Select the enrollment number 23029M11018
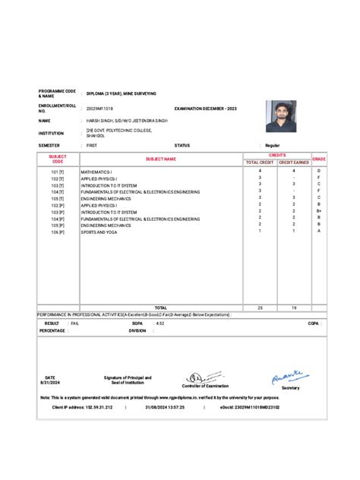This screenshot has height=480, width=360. pyautogui.click(x=103, y=109)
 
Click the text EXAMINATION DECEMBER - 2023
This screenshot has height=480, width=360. pyautogui.click(x=206, y=109)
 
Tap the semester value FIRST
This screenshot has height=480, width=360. pyautogui.click(x=92, y=144)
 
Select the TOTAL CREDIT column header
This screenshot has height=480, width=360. pyautogui.click(x=260, y=163)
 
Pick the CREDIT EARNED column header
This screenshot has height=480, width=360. pyautogui.click(x=293, y=163)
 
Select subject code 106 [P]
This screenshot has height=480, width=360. pyautogui.click(x=58, y=232)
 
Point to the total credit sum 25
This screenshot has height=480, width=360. pyautogui.click(x=260, y=308)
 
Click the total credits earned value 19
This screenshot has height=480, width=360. pyautogui.click(x=293, y=308)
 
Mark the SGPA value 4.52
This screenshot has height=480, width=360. pyautogui.click(x=159, y=323)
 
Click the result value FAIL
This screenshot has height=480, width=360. pyautogui.click(x=74, y=323)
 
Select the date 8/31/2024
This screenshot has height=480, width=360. pyautogui.click(x=50, y=383)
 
